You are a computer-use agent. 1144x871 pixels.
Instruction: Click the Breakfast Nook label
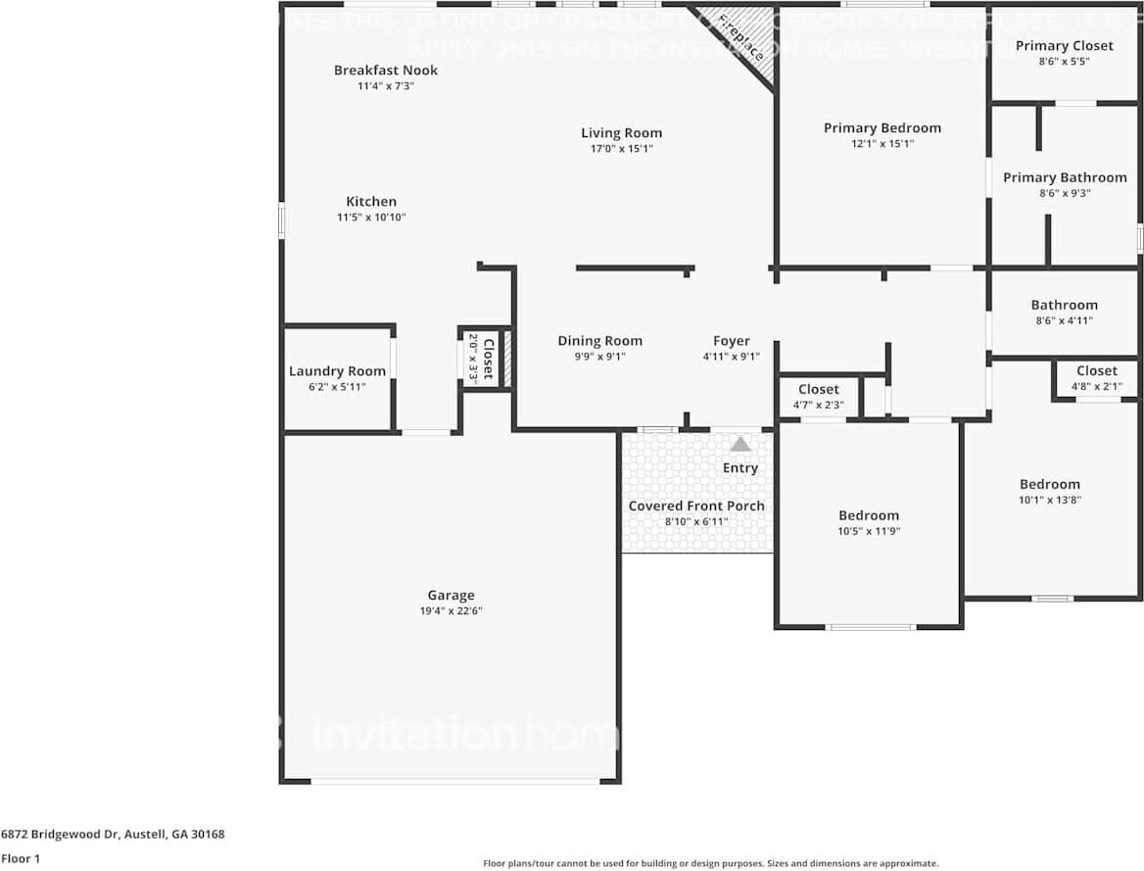[x=385, y=71]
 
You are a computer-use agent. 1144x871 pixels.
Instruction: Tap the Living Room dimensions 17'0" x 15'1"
[x=621, y=149]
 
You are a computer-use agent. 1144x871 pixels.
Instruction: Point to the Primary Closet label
[x=1064, y=46]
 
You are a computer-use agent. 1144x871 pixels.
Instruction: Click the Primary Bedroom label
[x=882, y=128]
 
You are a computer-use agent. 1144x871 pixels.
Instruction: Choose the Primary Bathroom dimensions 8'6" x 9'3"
[x=1064, y=193]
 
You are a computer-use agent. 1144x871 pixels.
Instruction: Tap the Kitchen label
[x=370, y=202]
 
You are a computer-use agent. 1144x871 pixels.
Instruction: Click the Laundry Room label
[x=337, y=371]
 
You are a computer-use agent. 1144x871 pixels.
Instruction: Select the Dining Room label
[x=599, y=341]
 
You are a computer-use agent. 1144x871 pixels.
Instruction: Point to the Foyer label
[x=731, y=341]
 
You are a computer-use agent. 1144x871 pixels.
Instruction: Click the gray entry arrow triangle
[x=740, y=444]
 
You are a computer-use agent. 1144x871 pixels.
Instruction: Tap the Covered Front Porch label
[x=695, y=507]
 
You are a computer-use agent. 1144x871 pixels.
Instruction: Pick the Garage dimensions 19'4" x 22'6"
[x=451, y=610]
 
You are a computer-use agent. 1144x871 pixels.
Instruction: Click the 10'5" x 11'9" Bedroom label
[x=868, y=516]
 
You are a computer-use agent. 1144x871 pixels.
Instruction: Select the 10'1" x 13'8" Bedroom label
[x=1049, y=484]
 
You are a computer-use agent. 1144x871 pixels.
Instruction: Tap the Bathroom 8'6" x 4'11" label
[x=1064, y=306]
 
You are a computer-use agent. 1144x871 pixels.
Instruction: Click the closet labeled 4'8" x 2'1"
[x=1096, y=371]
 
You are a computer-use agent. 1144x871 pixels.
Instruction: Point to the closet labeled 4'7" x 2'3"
[x=818, y=390]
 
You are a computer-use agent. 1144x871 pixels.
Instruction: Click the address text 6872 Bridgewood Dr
[x=113, y=835]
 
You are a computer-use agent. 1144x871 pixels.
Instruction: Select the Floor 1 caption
[x=22, y=858]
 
